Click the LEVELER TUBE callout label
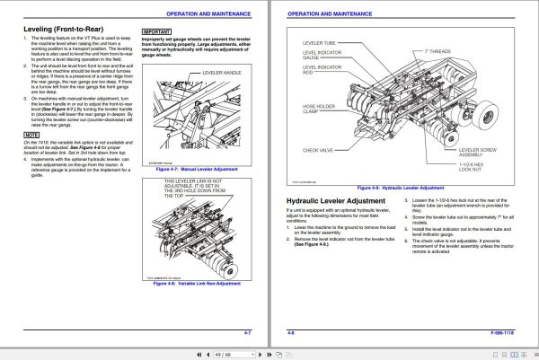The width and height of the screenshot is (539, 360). coord(321,42)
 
